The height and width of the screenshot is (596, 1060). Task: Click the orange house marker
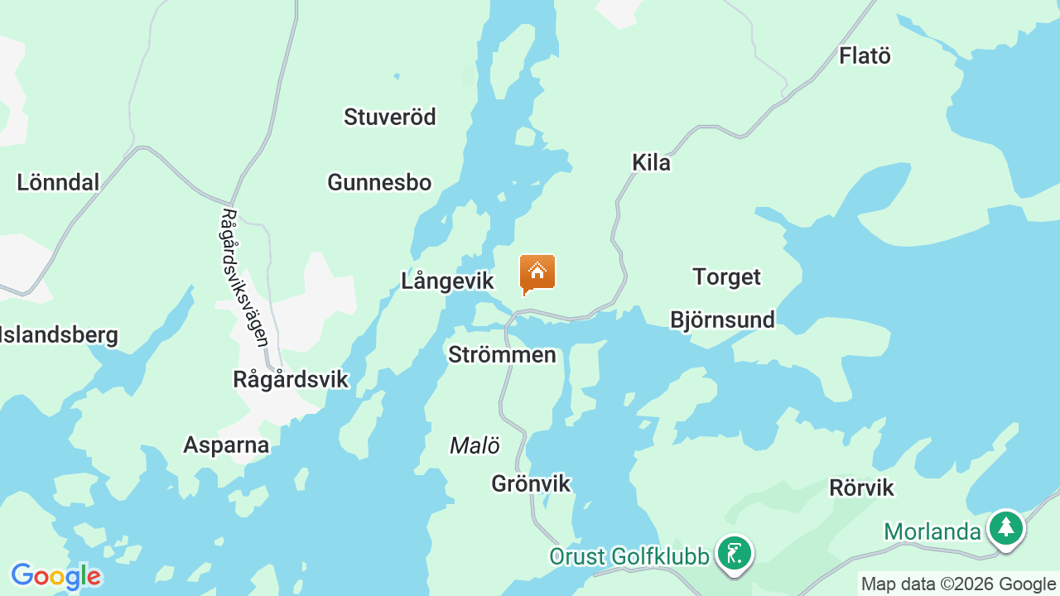point(537,273)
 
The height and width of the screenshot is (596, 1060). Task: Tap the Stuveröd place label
point(390,117)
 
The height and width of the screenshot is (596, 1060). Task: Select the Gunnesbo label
point(379,182)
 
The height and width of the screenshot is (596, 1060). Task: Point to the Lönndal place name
point(58,182)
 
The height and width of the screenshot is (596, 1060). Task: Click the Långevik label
point(447,281)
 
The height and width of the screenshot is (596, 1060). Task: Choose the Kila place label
point(651,162)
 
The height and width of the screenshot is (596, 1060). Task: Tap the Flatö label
point(865,56)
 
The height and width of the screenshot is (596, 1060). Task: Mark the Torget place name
point(726,276)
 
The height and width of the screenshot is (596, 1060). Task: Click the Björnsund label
point(722,320)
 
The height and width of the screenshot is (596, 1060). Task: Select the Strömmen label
point(502,355)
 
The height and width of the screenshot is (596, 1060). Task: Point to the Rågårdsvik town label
point(291,379)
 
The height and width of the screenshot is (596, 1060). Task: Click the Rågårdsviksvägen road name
point(245,276)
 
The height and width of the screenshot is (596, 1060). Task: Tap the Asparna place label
point(226,445)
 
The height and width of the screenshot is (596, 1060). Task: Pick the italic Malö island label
point(475,446)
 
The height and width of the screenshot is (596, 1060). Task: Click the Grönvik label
point(531,483)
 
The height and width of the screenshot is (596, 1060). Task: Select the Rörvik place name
point(861,488)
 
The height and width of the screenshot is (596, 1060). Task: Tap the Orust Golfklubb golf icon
point(734,553)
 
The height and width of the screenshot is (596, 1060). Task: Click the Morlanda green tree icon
point(1006,527)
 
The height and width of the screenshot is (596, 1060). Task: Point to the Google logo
point(55,576)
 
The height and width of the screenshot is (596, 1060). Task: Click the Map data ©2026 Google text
point(958,584)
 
